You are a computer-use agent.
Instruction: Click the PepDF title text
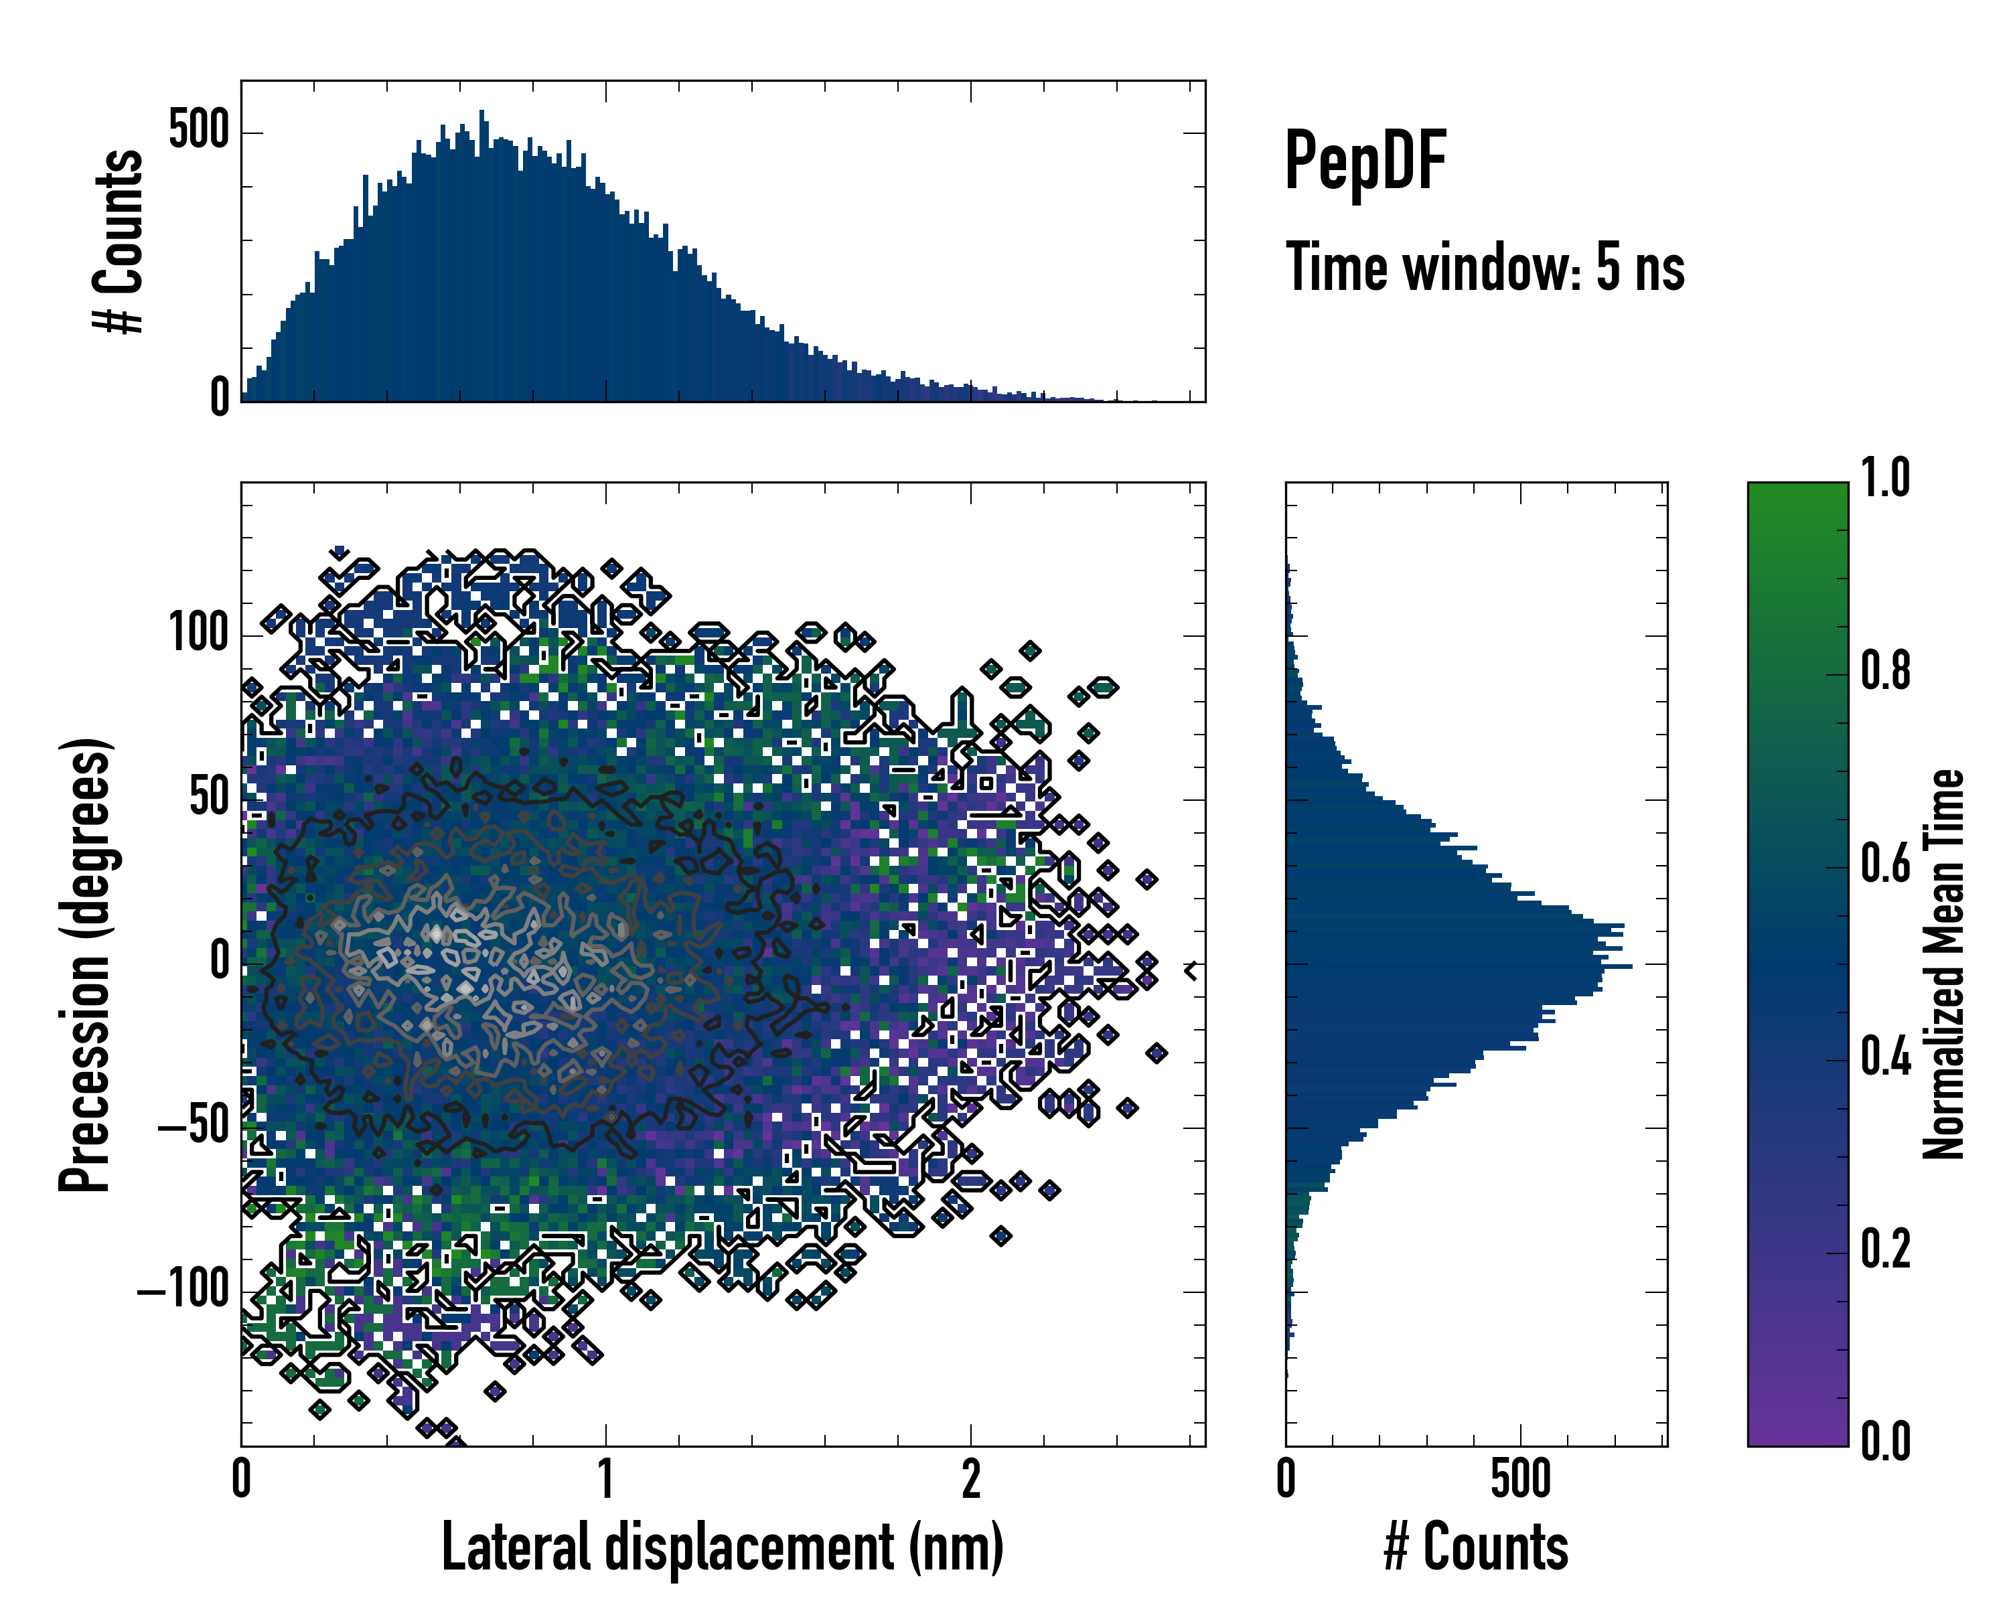pyautogui.click(x=1365, y=161)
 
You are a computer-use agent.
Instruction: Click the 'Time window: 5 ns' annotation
pyautogui.click(x=1485, y=267)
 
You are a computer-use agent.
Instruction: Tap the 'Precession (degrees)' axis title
pyautogui.click(x=86, y=964)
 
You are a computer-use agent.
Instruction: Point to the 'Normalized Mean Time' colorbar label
pyautogui.click(x=1944, y=964)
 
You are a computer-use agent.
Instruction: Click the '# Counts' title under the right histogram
pyautogui.click(x=1476, y=1547)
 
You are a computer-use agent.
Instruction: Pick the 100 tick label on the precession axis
pyautogui.click(x=198, y=633)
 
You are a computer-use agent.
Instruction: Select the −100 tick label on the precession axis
pyautogui.click(x=183, y=1290)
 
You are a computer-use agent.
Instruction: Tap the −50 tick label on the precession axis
pyautogui.click(x=194, y=1126)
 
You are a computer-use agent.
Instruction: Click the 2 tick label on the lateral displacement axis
pyautogui.click(x=971, y=1479)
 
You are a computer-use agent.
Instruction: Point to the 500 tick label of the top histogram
pyautogui.click(x=198, y=131)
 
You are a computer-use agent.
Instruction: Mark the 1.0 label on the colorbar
pyautogui.click(x=1885, y=478)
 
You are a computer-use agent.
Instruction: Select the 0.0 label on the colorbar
pyautogui.click(x=1885, y=1440)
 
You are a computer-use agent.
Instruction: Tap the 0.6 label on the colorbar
pyautogui.click(x=1885, y=864)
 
